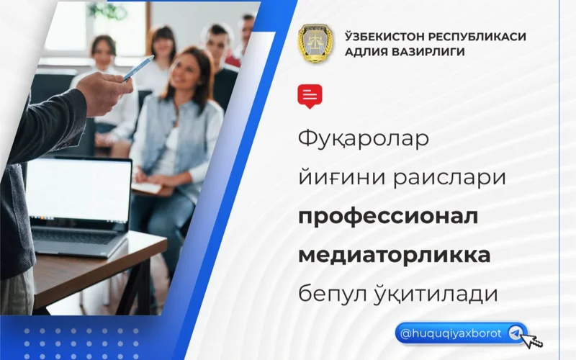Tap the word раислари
(x=449, y=178)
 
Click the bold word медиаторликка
(x=395, y=255)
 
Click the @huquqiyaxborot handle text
(x=451, y=333)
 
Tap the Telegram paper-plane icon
(x=515, y=333)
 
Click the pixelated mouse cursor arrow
(x=533, y=338)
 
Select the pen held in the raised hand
(x=138, y=68)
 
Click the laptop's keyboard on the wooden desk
(x=79, y=240)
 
